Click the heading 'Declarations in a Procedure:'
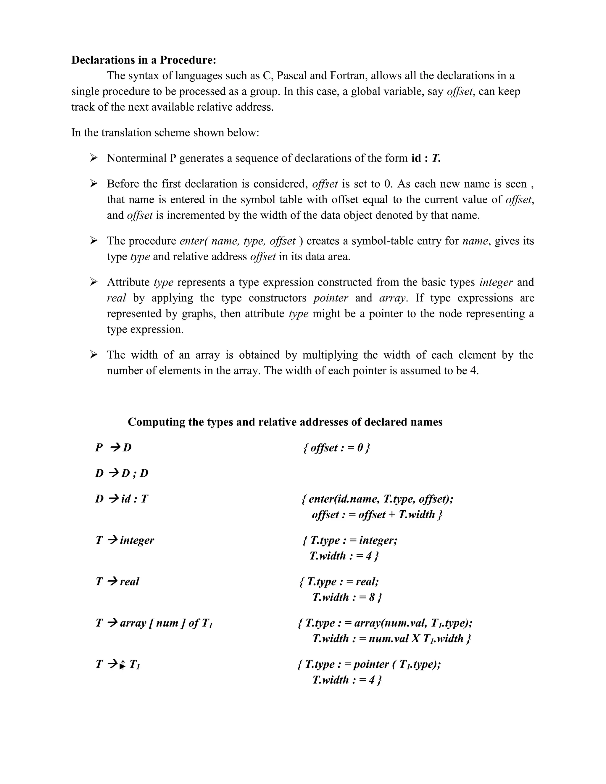pyautogui.click(x=144, y=60)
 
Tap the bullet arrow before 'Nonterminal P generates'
pyautogui.click(x=94, y=158)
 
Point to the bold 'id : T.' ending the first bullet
pyautogui.click(x=426, y=158)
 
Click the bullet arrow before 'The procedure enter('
pyautogui.click(x=94, y=241)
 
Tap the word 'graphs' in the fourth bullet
pyautogui.click(x=197, y=314)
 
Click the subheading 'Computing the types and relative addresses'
pyautogui.click(x=285, y=422)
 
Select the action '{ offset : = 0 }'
pyautogui.click(x=336, y=448)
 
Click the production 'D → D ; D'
pyautogui.click(x=122, y=473)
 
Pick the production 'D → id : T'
pyautogui.click(x=122, y=499)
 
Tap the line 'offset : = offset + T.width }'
pyautogui.click(x=377, y=514)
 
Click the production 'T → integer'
pyautogui.click(x=125, y=540)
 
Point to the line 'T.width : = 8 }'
pyautogui.click(x=347, y=597)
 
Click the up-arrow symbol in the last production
pyautogui.click(x=123, y=665)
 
